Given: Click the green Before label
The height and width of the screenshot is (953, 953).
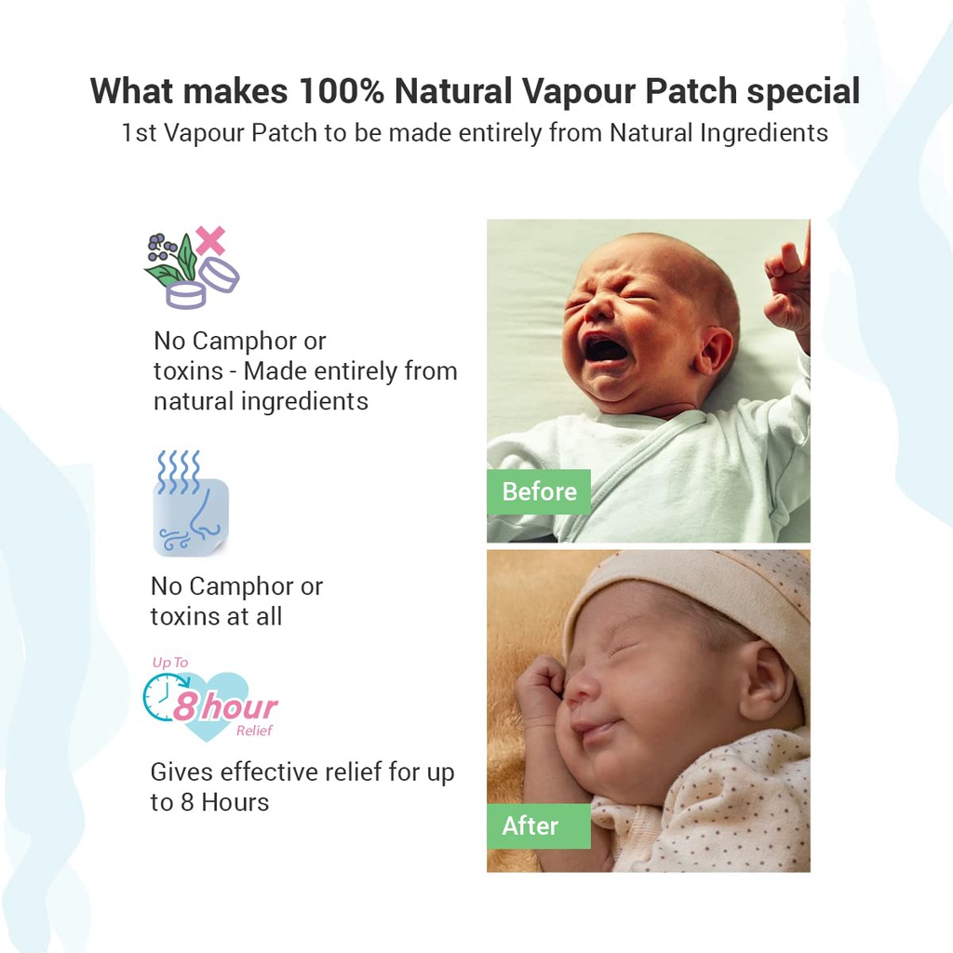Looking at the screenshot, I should (539, 491).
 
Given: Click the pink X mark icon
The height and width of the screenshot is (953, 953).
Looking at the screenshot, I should (210, 240).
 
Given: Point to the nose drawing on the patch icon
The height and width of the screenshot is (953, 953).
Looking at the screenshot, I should (198, 521).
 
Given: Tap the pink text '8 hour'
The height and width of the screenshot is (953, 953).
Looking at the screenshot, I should (224, 706).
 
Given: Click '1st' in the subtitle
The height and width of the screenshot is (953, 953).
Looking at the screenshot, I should (139, 133).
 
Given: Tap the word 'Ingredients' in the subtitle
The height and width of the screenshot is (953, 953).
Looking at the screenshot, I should (765, 133).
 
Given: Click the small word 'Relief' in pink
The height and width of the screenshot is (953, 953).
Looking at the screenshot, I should (254, 732).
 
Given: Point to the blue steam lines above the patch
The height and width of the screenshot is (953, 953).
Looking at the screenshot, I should (178, 471).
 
